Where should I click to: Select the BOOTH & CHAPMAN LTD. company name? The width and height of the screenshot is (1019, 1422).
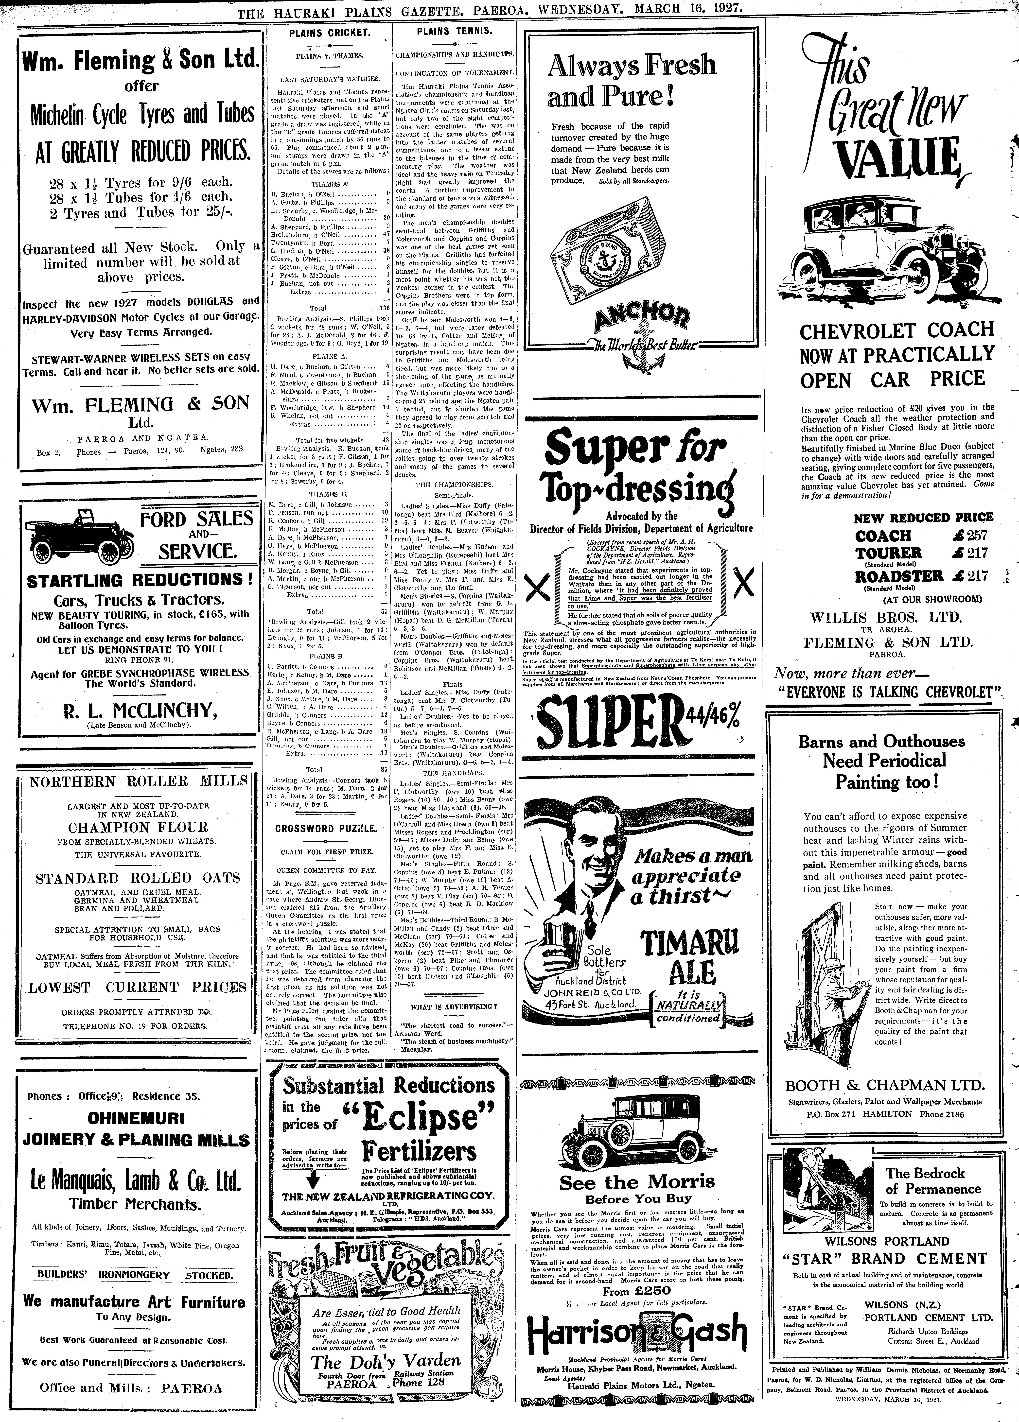pos(884,1085)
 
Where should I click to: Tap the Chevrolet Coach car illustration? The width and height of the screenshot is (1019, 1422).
pos(878,244)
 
